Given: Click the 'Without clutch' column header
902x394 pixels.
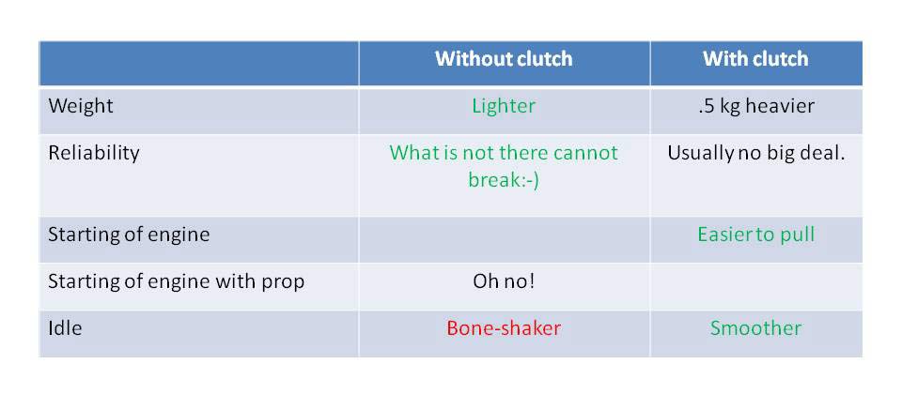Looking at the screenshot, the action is [504, 58].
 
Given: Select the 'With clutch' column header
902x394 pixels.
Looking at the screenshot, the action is [755, 58].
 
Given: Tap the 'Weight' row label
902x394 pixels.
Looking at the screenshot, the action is [81, 106].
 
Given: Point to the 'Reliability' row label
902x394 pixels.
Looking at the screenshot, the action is [94, 153].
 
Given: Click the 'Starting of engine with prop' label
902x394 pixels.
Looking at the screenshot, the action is [176, 281].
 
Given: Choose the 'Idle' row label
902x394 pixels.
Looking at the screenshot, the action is [65, 328].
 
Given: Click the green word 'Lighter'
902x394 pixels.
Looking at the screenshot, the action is [504, 106].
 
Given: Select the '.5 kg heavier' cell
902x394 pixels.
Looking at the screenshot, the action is [755, 106].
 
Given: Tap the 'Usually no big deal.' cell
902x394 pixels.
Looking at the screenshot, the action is [755, 153].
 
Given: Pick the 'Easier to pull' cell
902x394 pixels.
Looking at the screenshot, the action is [755, 235].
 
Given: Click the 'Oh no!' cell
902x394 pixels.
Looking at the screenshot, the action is [504, 281].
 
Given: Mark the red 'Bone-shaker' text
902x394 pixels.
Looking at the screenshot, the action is [504, 328].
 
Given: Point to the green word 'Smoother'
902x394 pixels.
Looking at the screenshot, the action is [755, 328].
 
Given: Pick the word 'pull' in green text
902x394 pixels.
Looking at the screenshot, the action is [798, 235].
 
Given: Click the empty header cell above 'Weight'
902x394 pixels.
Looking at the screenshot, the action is [198, 63].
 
